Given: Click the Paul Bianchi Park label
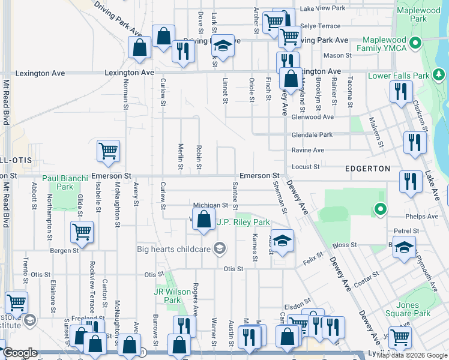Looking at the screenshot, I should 66,183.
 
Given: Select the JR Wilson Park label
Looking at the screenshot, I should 167,296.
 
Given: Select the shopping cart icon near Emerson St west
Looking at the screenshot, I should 108,151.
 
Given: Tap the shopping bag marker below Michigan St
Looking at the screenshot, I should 203,220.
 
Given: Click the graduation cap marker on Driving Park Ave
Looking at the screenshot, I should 223,46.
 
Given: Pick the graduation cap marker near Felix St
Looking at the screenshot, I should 282,241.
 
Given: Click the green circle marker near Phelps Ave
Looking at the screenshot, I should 379,209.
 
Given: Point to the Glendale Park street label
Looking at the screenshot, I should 312,135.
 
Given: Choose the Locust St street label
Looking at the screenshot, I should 306,166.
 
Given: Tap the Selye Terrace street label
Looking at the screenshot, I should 320,26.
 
